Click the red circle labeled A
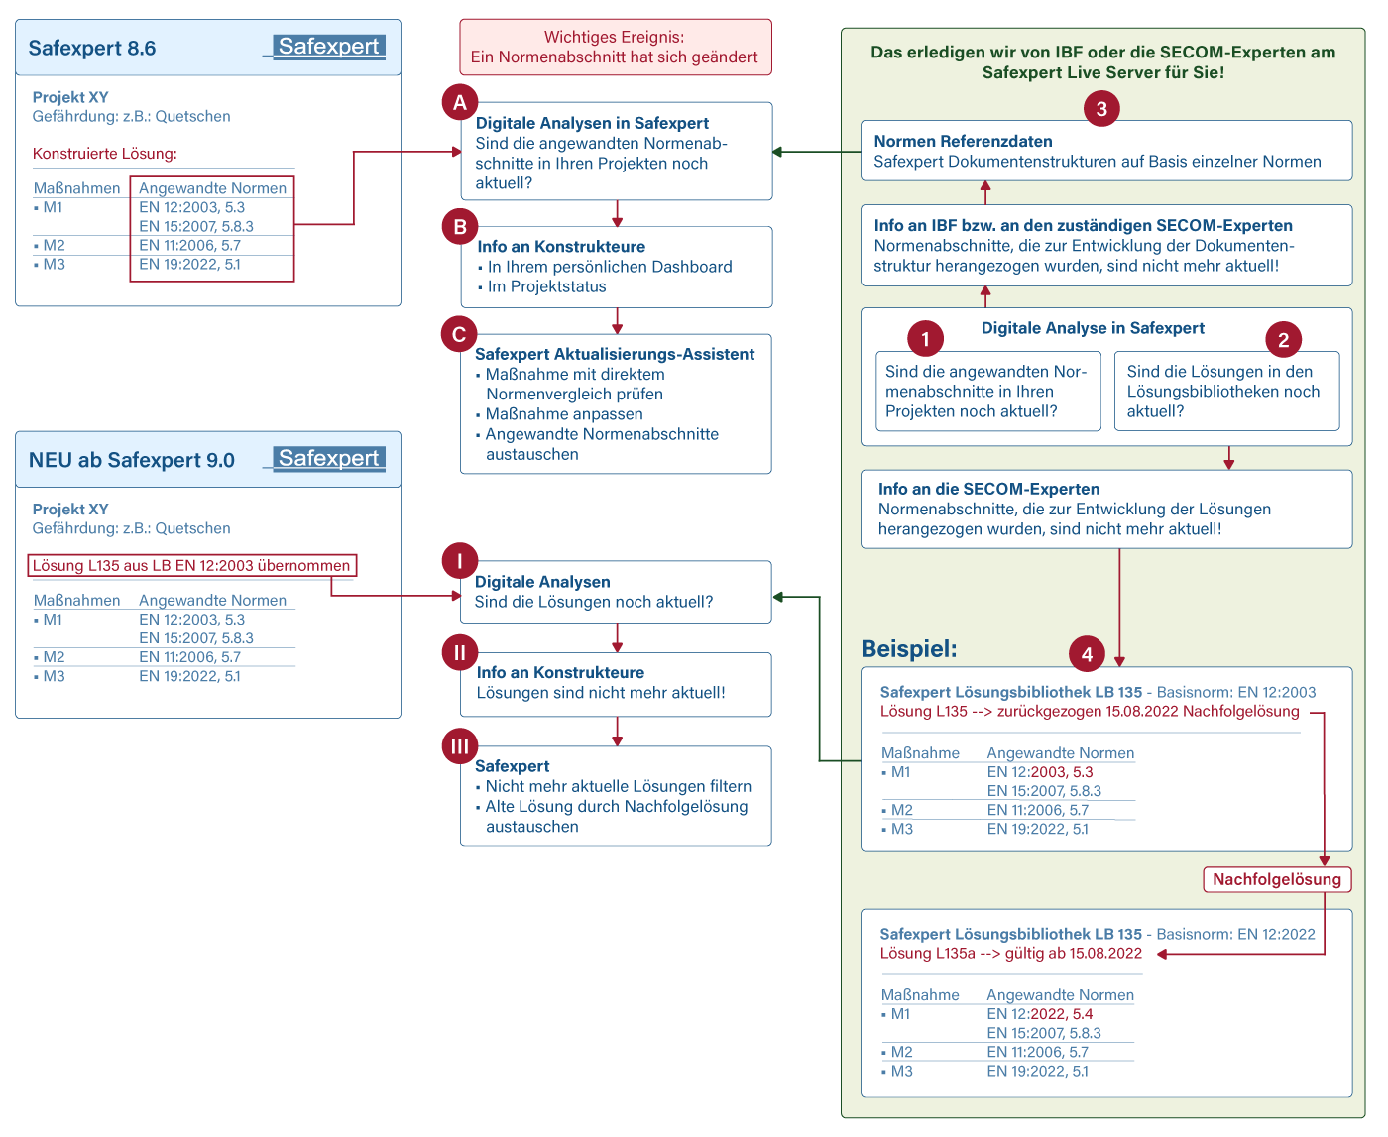(459, 103)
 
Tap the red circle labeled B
(459, 226)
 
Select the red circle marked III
(459, 745)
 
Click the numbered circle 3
(1100, 109)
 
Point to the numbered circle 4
(1086, 653)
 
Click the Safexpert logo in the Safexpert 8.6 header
(328, 47)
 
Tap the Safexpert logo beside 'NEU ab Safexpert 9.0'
(328, 458)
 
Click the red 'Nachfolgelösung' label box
(1276, 879)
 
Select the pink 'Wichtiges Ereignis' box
(615, 47)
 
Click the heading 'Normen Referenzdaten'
(963, 141)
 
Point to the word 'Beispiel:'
(908, 648)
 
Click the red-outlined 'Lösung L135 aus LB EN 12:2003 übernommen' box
(191, 565)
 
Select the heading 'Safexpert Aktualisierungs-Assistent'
(614, 354)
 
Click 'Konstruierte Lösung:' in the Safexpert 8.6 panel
(105, 154)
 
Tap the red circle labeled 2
(1282, 340)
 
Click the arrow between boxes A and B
(617, 214)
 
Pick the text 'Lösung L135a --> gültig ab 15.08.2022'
(1010, 953)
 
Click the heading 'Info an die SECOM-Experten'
(988, 489)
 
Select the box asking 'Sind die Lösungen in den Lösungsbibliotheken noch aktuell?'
(1226, 391)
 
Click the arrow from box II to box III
(617, 731)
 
